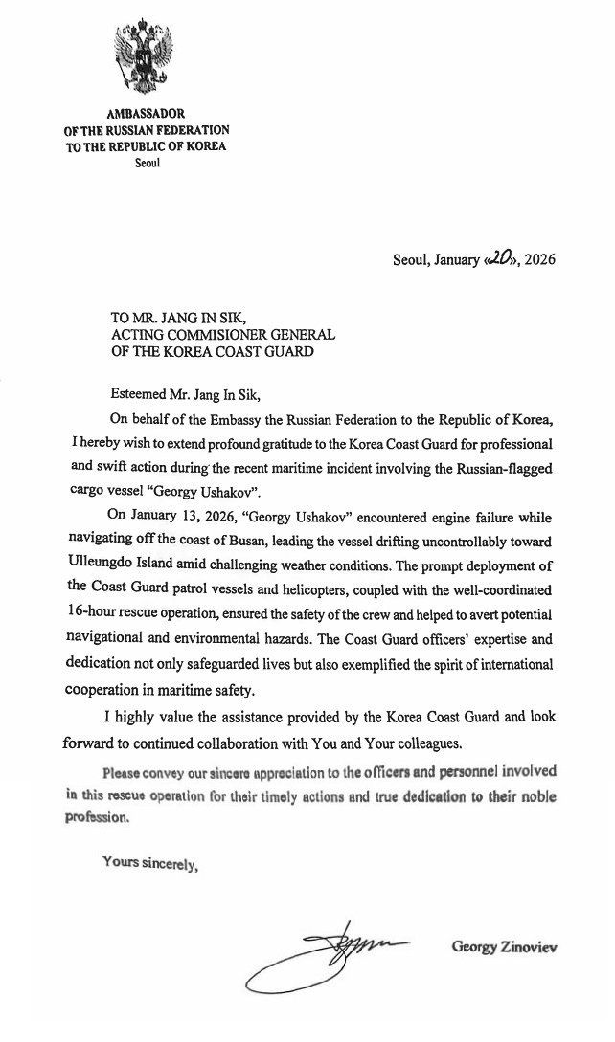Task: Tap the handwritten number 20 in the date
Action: coord(500,258)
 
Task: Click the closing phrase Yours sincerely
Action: coord(149,864)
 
